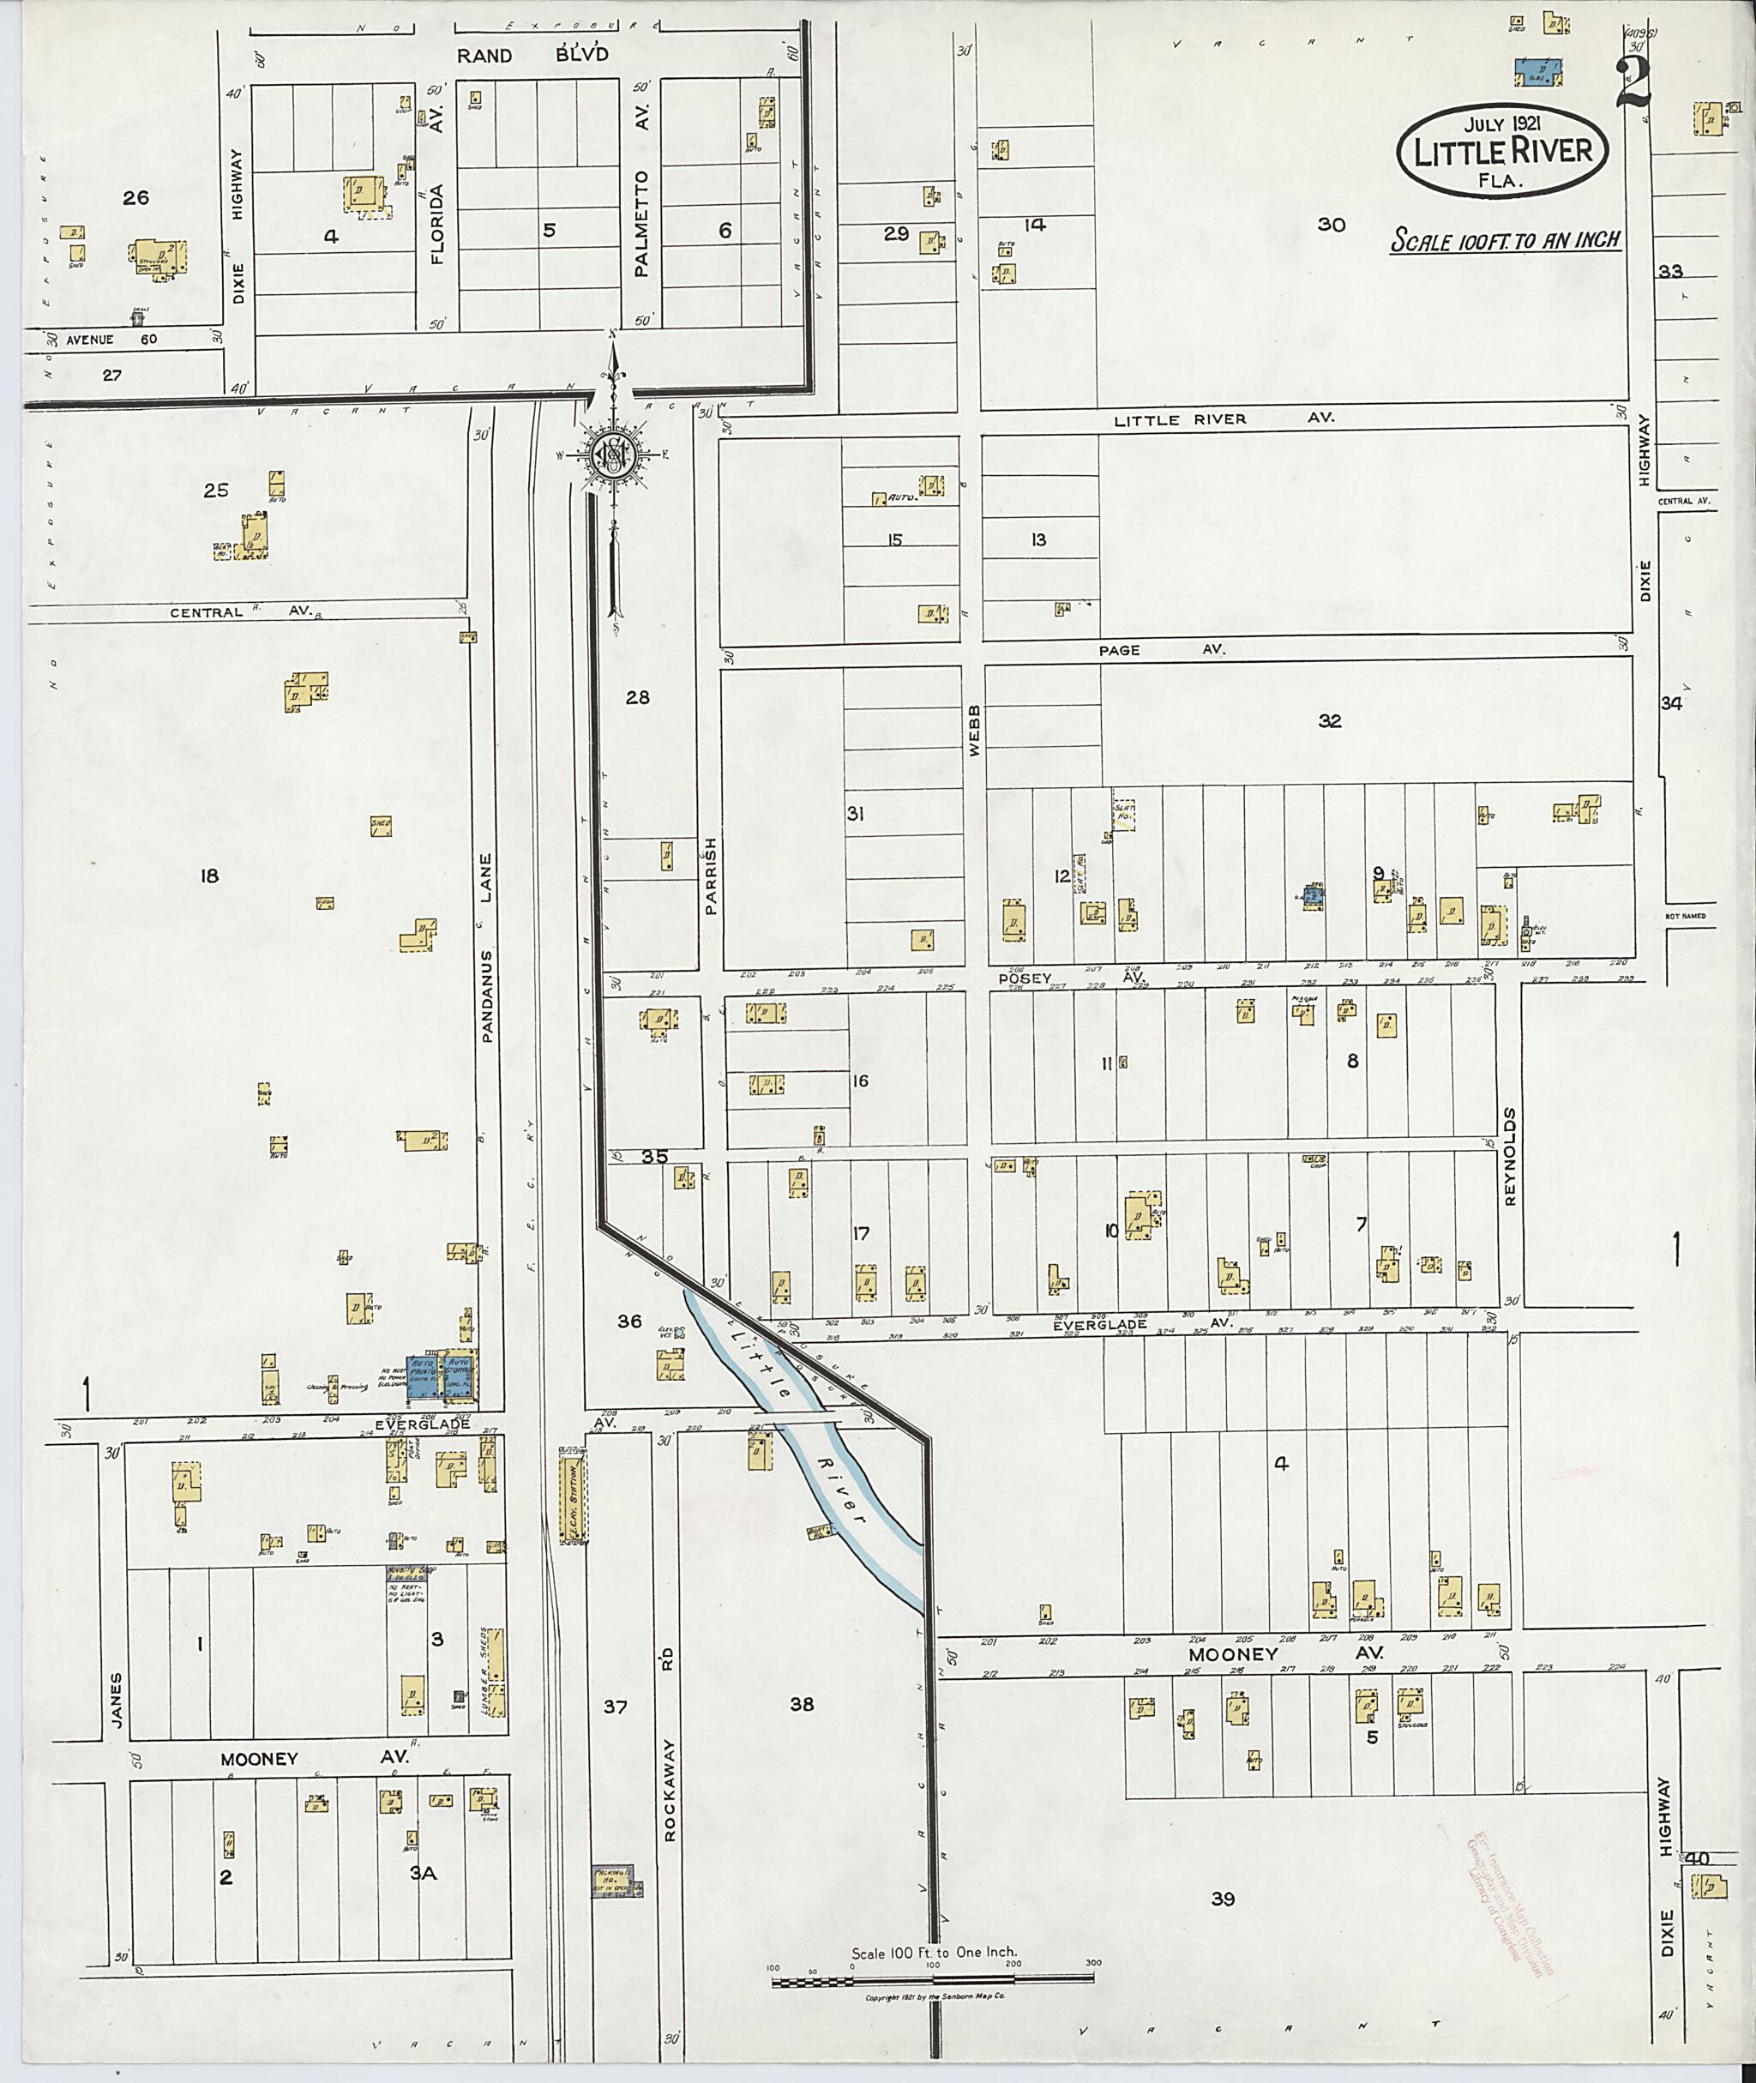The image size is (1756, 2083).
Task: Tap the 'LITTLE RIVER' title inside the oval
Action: click(1503, 153)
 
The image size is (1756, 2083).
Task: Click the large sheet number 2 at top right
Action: click(1633, 81)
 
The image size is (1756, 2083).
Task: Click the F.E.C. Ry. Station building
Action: click(573, 1502)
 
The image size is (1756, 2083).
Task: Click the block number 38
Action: click(802, 1704)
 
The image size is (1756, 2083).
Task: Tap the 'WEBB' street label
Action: click(975, 730)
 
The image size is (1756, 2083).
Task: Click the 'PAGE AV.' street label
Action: click(1162, 649)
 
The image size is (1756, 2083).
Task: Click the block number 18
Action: click(209, 876)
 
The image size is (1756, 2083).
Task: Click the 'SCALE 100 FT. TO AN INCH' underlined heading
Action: click(1506, 241)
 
